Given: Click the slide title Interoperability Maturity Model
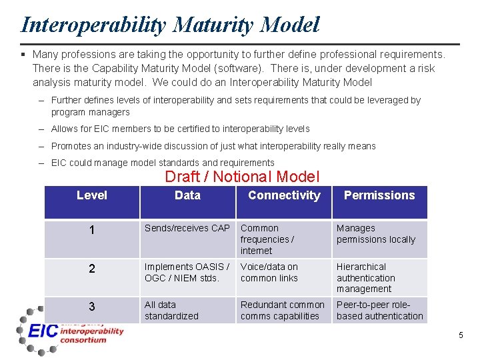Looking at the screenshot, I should [170, 25].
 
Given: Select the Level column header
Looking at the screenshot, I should [91, 195].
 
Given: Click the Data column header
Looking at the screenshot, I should [187, 195].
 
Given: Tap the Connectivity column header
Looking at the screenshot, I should [284, 195].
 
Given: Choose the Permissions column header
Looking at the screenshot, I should [379, 195].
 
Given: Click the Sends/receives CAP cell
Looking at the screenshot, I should [187, 229].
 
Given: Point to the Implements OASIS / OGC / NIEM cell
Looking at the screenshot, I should [187, 272].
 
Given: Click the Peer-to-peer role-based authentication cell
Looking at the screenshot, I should [379, 310].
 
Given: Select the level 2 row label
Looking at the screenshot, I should [91, 269].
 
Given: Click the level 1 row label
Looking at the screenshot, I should [91, 231].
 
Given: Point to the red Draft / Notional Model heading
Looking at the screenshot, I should [242, 177].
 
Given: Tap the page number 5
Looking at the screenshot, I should [460, 335].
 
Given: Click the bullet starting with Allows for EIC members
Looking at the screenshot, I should [180, 129].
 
